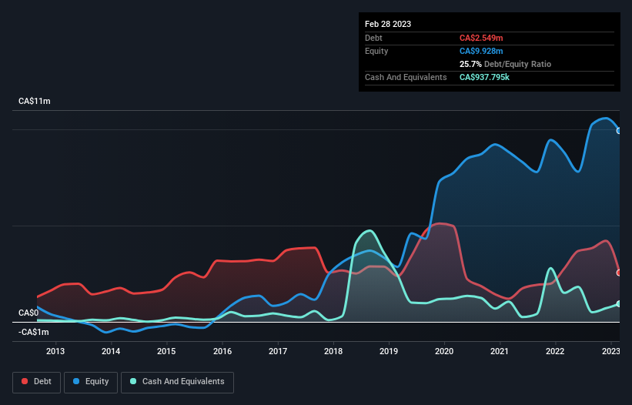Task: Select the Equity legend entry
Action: tap(92, 382)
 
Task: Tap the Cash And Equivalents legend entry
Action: tap(177, 382)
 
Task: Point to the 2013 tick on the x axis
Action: tap(55, 352)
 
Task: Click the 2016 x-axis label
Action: tap(222, 352)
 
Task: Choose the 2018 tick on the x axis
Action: tap(333, 352)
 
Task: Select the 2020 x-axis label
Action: tap(444, 352)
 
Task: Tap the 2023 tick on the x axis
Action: tap(610, 352)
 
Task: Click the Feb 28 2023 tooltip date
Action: tap(388, 24)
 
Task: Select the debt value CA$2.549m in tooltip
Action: tap(481, 38)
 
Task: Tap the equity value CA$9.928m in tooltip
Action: tap(481, 51)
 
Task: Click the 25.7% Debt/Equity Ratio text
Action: tap(505, 64)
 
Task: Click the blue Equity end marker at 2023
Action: tap(619, 130)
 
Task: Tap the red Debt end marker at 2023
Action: tap(619, 273)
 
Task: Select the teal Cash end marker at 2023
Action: tap(619, 303)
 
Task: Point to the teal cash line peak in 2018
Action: tap(370, 230)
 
